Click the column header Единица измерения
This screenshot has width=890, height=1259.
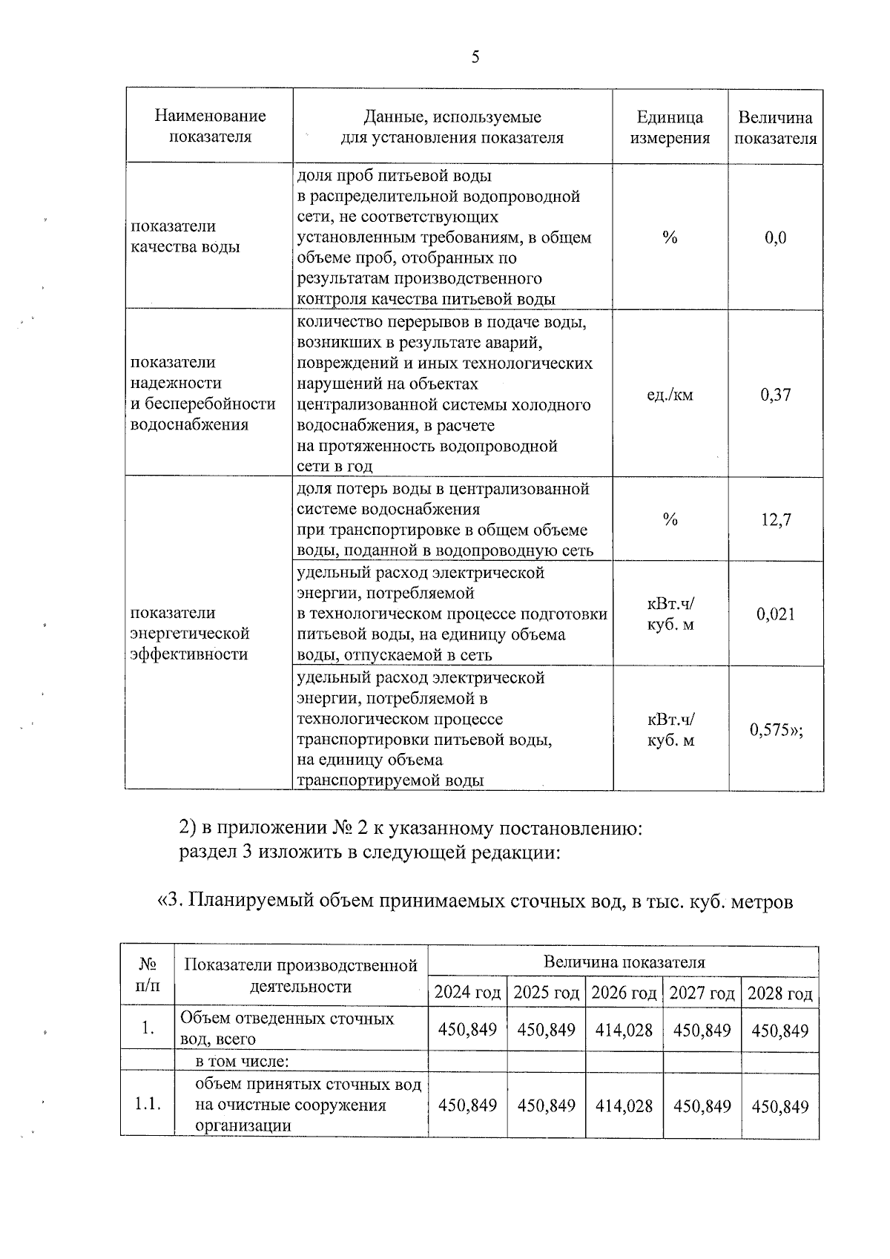tap(670, 128)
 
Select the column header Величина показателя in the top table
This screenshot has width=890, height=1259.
tap(775, 128)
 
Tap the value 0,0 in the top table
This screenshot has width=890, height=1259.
tap(775, 238)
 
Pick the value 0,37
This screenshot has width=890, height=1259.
tap(775, 395)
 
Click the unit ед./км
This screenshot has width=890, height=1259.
tap(670, 395)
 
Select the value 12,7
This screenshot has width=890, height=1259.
tap(775, 520)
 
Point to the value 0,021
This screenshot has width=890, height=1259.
tap(775, 614)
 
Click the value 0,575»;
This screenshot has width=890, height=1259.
tap(776, 730)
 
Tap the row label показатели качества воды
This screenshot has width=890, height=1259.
tap(185, 237)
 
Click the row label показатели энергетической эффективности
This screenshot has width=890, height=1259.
tap(190, 634)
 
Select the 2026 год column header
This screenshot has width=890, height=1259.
tap(624, 993)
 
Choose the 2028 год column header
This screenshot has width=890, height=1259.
tap(779, 993)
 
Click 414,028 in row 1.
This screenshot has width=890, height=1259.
tap(624, 1030)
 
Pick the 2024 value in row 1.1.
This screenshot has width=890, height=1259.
tap(467, 1106)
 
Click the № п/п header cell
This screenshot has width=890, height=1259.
tap(148, 976)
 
